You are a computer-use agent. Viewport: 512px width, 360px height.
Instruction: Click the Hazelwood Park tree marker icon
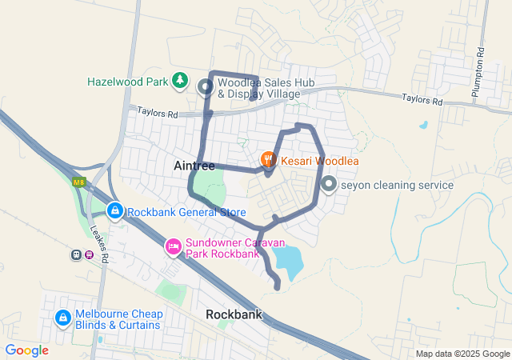(x=181, y=82)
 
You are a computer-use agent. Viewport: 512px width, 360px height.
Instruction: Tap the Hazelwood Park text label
(x=127, y=82)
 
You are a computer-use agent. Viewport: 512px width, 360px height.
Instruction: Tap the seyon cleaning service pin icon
(x=328, y=185)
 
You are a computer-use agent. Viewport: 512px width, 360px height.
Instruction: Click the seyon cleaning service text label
(x=397, y=186)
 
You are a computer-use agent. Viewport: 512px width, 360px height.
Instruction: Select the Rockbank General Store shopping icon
(x=115, y=212)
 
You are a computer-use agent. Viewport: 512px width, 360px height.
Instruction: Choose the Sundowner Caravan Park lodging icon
(x=172, y=246)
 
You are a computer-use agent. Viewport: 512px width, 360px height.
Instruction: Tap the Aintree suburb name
(x=194, y=166)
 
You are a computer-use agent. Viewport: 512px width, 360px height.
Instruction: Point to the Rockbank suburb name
(x=234, y=314)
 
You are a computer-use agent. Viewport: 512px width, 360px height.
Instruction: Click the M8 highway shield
(x=78, y=182)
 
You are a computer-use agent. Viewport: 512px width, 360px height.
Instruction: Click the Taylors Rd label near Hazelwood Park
(x=157, y=114)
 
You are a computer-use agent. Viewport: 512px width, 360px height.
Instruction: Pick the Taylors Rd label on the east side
(x=422, y=101)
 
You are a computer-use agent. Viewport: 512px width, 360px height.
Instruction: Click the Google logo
(x=27, y=350)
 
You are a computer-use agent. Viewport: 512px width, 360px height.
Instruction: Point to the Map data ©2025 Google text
(x=462, y=354)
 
